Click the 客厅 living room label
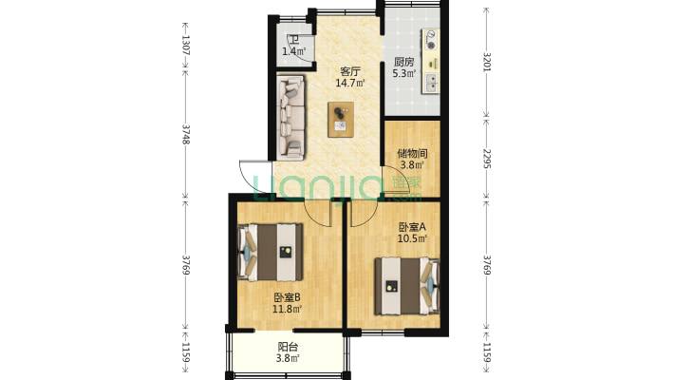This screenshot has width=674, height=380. (x=350, y=71)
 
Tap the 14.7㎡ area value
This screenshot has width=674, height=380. (x=350, y=83)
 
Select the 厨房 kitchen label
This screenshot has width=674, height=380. (x=404, y=62)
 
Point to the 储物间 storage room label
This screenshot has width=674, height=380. (x=412, y=153)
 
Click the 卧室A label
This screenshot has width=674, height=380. (x=412, y=227)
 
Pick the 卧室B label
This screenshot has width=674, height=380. (x=287, y=297)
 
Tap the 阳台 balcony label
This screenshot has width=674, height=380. (x=288, y=347)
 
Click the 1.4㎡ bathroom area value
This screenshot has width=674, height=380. (x=293, y=51)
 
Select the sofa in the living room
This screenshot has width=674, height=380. (x=291, y=116)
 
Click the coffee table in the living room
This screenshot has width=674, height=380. (x=341, y=120)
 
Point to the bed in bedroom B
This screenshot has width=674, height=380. (x=271, y=252)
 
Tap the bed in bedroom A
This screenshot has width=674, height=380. (x=406, y=286)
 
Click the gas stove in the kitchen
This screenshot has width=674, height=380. (x=430, y=39)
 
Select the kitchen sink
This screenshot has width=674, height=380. (x=431, y=83)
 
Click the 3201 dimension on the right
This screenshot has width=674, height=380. (x=487, y=62)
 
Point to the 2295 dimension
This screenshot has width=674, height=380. (x=487, y=159)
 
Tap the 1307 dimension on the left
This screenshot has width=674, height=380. (x=185, y=45)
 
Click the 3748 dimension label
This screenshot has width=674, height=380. (x=185, y=134)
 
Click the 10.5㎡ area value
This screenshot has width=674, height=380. (x=412, y=238)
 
